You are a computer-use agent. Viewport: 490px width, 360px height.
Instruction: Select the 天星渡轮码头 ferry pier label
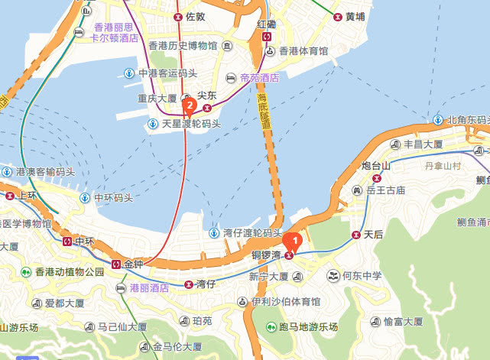[x=187, y=123]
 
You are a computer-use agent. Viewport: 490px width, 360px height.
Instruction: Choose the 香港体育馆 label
[x=303, y=52]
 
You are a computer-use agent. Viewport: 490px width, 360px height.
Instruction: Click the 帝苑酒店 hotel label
[x=258, y=78]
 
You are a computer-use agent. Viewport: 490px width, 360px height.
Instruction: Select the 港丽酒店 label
[x=149, y=288]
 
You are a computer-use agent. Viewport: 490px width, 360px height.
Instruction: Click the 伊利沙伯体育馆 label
[x=285, y=302]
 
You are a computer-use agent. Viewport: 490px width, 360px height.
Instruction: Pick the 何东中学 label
[x=361, y=275]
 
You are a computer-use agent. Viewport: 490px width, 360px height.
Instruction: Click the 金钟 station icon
[x=115, y=264]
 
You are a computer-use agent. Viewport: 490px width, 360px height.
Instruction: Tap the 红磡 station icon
[x=267, y=36]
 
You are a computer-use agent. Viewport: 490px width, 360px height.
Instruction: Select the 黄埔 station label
[x=355, y=15]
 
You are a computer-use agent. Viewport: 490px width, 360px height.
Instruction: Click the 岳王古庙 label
[x=385, y=190]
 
